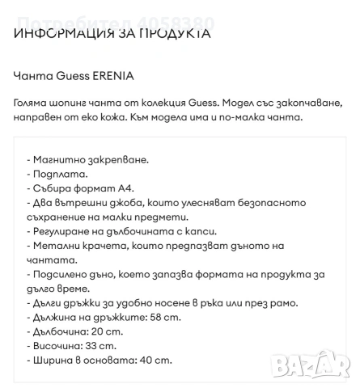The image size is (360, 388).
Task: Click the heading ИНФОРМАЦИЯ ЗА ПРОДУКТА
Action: (x=112, y=34)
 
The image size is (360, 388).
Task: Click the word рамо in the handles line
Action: (x=260, y=303)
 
